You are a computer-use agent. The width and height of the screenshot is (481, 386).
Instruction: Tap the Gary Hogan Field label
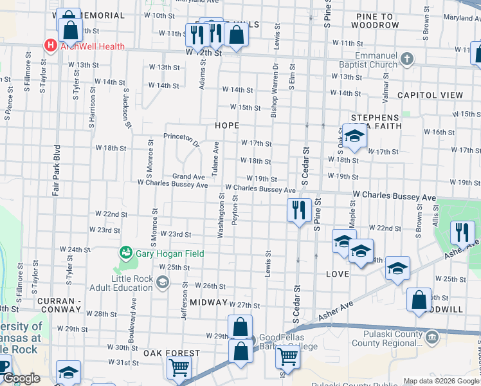[x=170, y=253]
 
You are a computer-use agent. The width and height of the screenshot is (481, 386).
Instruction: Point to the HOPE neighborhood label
[x=227, y=125]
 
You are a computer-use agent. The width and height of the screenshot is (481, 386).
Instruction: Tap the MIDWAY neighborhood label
[x=208, y=302]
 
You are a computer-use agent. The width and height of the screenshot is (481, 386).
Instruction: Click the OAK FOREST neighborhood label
[x=171, y=353]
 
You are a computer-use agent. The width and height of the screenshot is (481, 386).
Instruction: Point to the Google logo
[x=21, y=379]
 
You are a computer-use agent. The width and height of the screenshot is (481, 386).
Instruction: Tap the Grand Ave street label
[x=188, y=176]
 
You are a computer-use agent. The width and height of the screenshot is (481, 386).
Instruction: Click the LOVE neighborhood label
[x=338, y=274]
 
